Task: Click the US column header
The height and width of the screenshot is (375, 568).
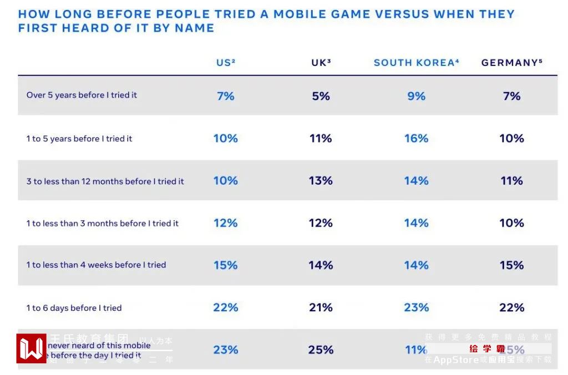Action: click(x=225, y=63)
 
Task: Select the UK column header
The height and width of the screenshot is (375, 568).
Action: click(x=321, y=63)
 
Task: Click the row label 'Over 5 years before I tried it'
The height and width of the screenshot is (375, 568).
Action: click(x=82, y=95)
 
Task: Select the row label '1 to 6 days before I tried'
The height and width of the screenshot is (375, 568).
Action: click(x=74, y=308)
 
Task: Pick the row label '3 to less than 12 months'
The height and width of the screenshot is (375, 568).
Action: click(x=105, y=181)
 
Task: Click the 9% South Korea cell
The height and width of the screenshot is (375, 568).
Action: click(x=416, y=96)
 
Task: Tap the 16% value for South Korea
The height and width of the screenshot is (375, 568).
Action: click(x=416, y=138)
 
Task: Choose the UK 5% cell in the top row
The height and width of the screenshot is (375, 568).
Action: click(x=321, y=96)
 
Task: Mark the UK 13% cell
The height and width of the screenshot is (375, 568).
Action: click(x=321, y=181)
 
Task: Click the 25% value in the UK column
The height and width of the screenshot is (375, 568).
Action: click(x=321, y=350)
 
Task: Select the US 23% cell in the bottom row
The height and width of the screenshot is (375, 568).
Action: click(x=225, y=350)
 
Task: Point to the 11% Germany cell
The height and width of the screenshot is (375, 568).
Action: click(x=511, y=181)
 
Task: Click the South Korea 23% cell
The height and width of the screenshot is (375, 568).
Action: click(x=416, y=307)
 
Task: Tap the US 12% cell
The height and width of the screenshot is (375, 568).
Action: click(x=225, y=223)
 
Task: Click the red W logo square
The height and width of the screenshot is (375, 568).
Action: click(x=31, y=348)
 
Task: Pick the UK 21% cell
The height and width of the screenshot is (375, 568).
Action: click(x=321, y=307)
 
